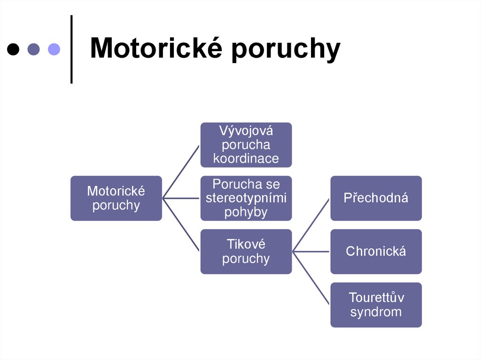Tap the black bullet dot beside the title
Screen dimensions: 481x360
14,49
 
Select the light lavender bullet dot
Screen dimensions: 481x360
54,49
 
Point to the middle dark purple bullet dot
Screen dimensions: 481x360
34,49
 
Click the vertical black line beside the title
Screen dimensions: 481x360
71,49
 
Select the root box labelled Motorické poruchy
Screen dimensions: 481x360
116,198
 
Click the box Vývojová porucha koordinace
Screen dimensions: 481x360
246,145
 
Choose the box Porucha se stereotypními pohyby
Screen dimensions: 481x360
246,198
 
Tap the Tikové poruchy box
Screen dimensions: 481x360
246,251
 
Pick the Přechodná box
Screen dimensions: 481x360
376,198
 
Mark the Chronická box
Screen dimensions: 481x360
376,251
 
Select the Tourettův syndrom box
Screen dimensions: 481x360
376,305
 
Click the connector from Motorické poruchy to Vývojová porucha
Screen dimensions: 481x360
181,171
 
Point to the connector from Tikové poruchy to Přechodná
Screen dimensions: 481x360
311,225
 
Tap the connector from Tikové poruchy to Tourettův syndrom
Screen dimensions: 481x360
311,278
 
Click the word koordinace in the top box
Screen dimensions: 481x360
246,159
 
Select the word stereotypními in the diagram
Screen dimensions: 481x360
246,198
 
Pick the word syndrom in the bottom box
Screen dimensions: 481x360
376,312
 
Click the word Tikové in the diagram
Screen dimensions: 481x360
246,244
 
